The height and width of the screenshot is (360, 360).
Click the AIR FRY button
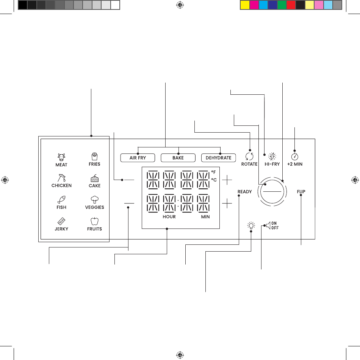138,158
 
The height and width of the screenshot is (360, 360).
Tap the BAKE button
178,158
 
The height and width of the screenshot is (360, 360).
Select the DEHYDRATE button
218,158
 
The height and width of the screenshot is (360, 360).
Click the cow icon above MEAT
61,157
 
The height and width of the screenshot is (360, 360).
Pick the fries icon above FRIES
94,157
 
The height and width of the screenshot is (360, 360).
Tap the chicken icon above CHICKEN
61,178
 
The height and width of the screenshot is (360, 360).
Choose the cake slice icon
95,178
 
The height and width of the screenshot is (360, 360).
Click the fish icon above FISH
61,199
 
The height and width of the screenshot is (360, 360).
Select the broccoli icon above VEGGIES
95,199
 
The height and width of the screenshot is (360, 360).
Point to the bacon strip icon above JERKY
61,221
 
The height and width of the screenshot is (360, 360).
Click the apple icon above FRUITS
94,221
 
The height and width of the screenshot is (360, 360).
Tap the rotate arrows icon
249,157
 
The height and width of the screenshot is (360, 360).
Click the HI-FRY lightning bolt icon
272,157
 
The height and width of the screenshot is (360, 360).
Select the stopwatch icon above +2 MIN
294,157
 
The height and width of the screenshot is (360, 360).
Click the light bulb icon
251,225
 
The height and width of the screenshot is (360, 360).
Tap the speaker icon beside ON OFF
268,225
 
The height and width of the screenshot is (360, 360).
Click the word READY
244,192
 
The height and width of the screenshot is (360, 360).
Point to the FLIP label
301,192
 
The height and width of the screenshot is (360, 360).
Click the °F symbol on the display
213,172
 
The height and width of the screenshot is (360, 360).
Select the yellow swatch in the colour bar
245,5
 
